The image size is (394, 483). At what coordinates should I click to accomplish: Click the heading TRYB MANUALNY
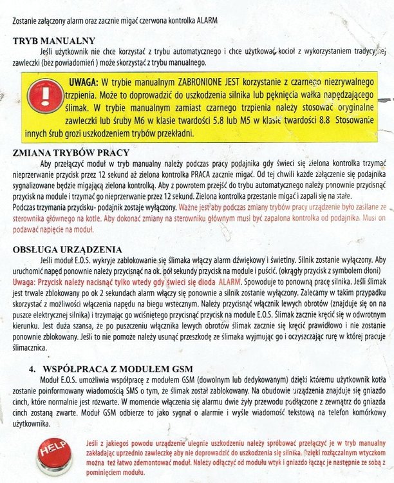click(x=55, y=41)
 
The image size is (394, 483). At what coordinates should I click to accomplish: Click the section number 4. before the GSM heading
click(x=32, y=369)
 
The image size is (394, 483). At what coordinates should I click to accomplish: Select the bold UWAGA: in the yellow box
click(x=82, y=82)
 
